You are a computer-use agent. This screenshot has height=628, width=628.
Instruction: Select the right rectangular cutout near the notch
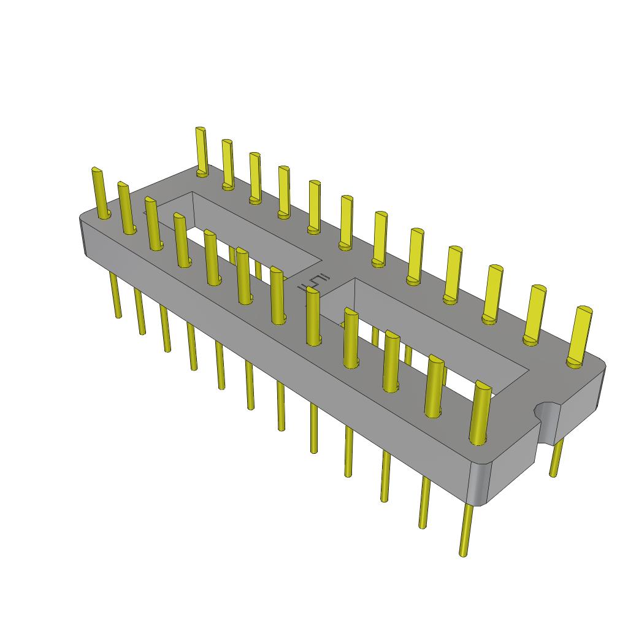pos(423,343)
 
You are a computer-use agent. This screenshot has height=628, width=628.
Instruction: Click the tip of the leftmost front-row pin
pos(97,172)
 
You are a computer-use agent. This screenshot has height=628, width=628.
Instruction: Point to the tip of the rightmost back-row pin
pos(584,311)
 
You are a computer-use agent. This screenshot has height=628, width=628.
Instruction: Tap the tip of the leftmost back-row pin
pos(200,131)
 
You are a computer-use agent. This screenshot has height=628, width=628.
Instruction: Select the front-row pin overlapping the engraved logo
pos(313,316)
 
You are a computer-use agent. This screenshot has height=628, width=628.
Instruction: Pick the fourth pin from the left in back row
pos(283,190)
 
